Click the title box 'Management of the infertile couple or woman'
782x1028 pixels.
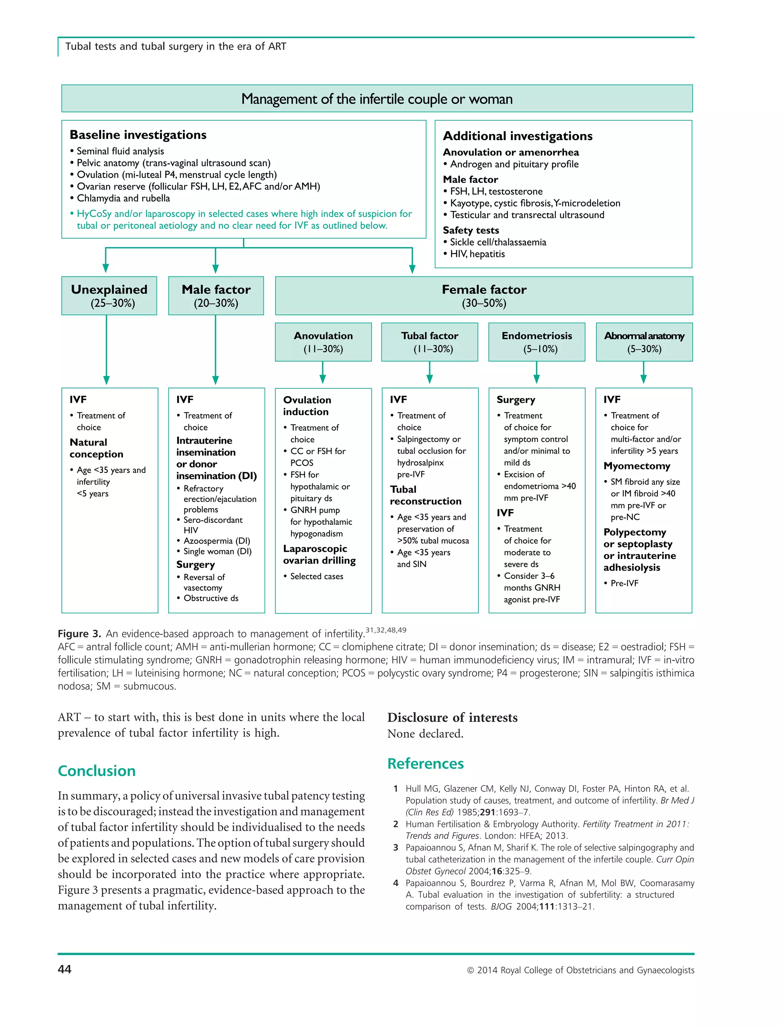376,99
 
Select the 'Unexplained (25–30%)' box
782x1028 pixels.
109,296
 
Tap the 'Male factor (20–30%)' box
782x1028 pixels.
216,296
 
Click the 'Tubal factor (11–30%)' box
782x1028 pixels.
430,342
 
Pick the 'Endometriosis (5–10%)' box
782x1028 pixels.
537,342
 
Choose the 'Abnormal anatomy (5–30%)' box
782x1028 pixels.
644,342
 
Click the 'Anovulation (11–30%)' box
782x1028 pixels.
323,342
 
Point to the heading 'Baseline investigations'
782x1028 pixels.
138,135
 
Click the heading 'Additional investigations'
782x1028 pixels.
518,136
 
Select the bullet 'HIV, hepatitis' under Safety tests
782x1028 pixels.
477,254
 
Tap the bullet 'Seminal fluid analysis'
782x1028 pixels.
120,151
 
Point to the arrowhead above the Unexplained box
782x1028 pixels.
106,267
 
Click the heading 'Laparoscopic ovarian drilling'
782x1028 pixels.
319,554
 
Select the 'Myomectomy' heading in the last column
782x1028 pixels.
637,466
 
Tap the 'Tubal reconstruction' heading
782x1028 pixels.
425,495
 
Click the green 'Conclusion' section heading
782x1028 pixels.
97,771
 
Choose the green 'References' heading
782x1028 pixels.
425,763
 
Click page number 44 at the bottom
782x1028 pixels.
65,969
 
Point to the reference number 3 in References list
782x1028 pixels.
396,847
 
